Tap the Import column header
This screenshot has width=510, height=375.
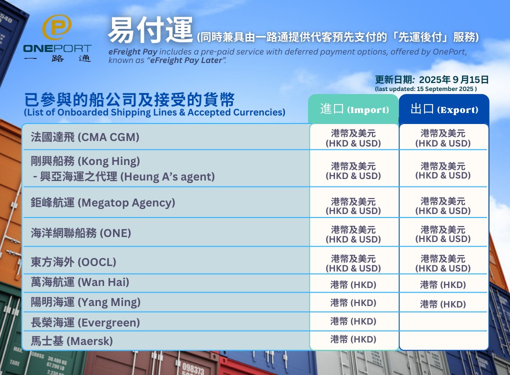[354, 109]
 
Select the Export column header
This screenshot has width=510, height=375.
[444, 109]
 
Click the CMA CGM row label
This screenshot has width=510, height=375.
[85, 137]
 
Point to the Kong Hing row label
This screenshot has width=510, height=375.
[122, 169]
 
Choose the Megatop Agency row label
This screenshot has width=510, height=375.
[103, 202]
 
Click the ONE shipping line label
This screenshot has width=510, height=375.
[80, 233]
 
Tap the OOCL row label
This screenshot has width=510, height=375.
[73, 262]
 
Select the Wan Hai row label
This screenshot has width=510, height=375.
[79, 282]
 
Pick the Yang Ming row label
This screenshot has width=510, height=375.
[85, 302]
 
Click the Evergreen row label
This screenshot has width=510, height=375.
[85, 322]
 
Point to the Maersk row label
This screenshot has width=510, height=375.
[71, 341]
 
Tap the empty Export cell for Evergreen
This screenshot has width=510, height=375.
[443, 321]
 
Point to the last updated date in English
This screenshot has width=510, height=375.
[426, 89]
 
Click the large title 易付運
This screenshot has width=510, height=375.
[150, 30]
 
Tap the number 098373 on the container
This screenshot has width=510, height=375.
[193, 368]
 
